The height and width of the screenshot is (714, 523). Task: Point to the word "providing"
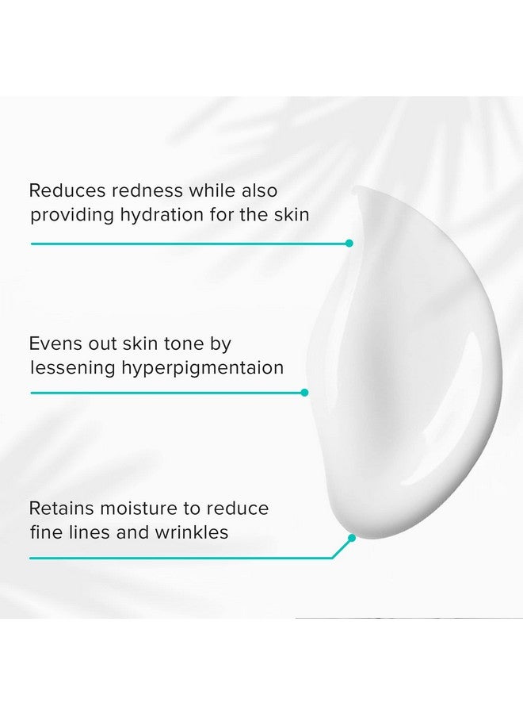coord(68,215)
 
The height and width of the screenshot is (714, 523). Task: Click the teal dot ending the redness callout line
coord(349,243)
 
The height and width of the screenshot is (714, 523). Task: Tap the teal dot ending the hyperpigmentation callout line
coord(304,392)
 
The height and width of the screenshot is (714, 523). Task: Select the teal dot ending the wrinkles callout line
coord(352,538)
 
